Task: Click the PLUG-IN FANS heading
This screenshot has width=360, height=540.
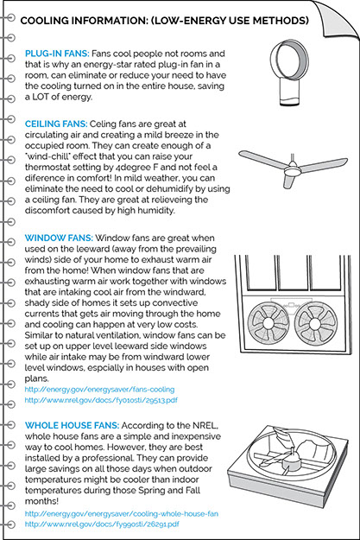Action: coord(57,54)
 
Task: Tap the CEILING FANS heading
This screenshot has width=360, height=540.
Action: coord(56,124)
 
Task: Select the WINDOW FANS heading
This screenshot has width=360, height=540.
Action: coord(59,238)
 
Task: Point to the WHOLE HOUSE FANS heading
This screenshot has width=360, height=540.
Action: coord(72,426)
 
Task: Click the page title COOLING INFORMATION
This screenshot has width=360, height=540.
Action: coord(165,21)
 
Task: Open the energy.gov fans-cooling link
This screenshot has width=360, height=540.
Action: coord(99,390)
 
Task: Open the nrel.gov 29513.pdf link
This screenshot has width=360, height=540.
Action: coord(101,400)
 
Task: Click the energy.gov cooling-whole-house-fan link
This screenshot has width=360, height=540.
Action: coord(122,514)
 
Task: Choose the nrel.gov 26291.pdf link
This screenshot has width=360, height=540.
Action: coord(102,524)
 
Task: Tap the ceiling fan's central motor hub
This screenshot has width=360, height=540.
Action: coord(293,169)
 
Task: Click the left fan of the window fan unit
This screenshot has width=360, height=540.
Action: coord(268,323)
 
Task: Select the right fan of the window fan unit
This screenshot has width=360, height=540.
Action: coord(316,323)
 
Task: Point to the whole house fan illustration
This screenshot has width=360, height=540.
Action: coord(287,463)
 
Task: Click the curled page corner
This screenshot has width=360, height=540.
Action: coord(336,17)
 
